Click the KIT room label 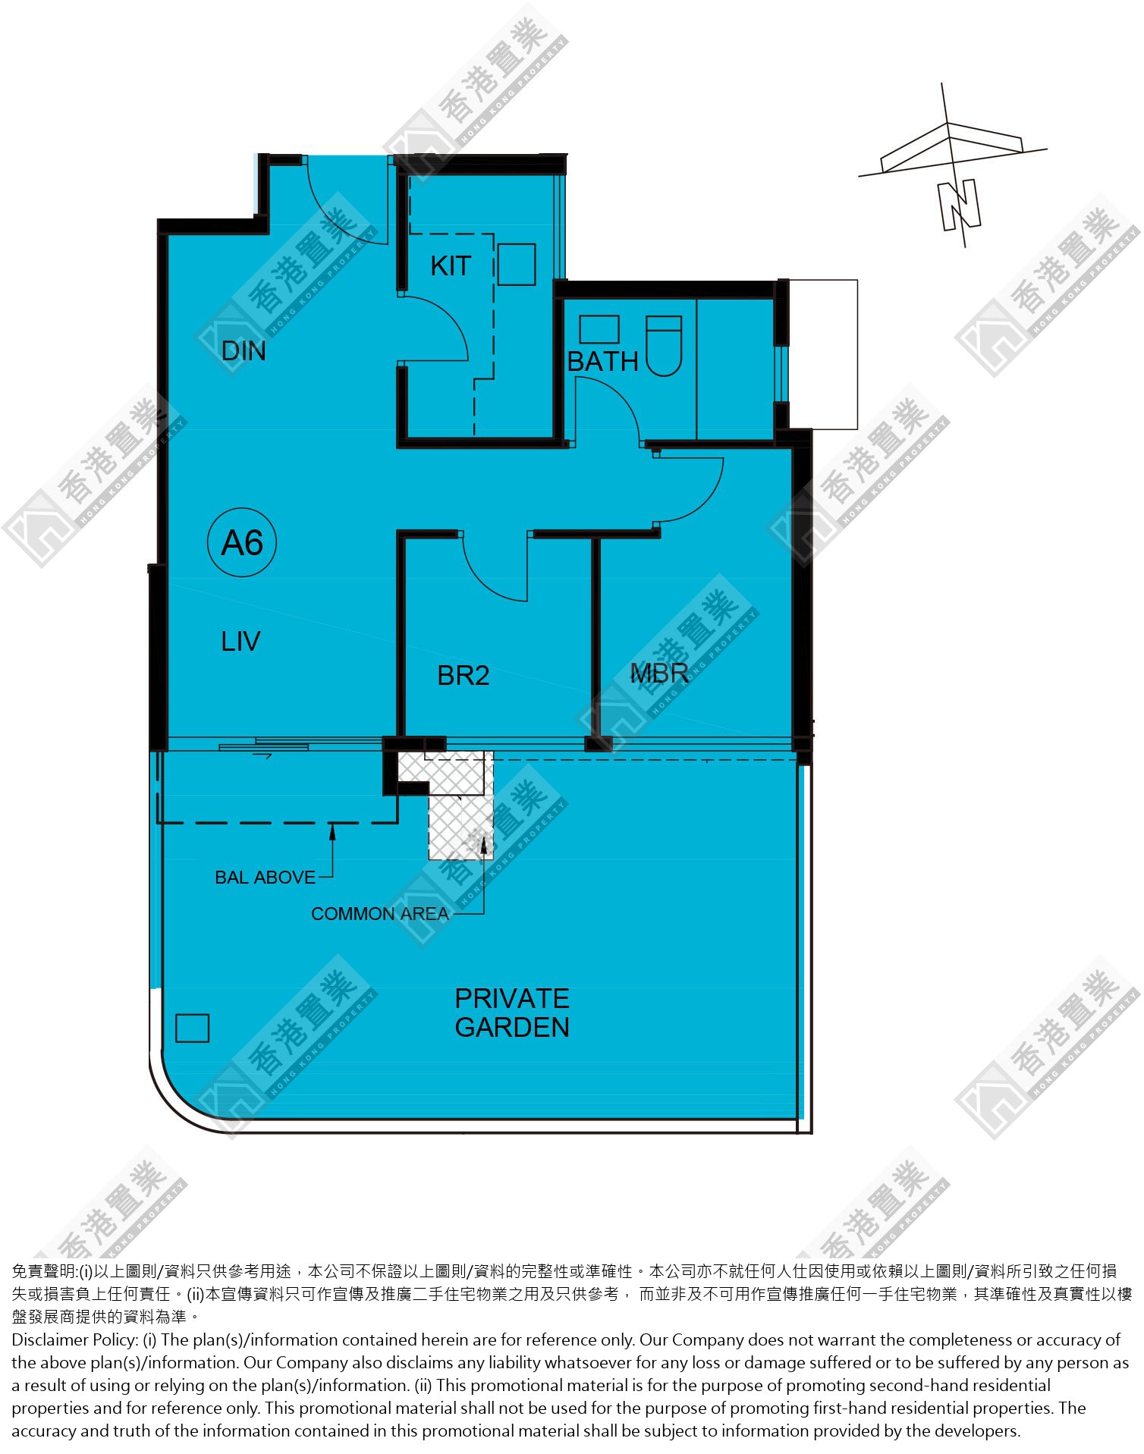click(x=451, y=266)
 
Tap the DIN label click(x=244, y=351)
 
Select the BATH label click(x=603, y=362)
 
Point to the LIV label click(x=240, y=642)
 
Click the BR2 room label click(x=464, y=676)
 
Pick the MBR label click(x=659, y=674)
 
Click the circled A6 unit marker click(x=242, y=543)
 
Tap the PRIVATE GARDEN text click(x=512, y=1013)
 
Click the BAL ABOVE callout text click(x=265, y=878)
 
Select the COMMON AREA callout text click(x=380, y=914)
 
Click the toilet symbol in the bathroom click(x=664, y=346)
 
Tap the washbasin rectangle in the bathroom click(x=599, y=330)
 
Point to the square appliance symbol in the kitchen click(x=517, y=264)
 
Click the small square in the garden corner click(x=192, y=1028)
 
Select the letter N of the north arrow click(x=960, y=205)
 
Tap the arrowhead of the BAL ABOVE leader click(x=332, y=831)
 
